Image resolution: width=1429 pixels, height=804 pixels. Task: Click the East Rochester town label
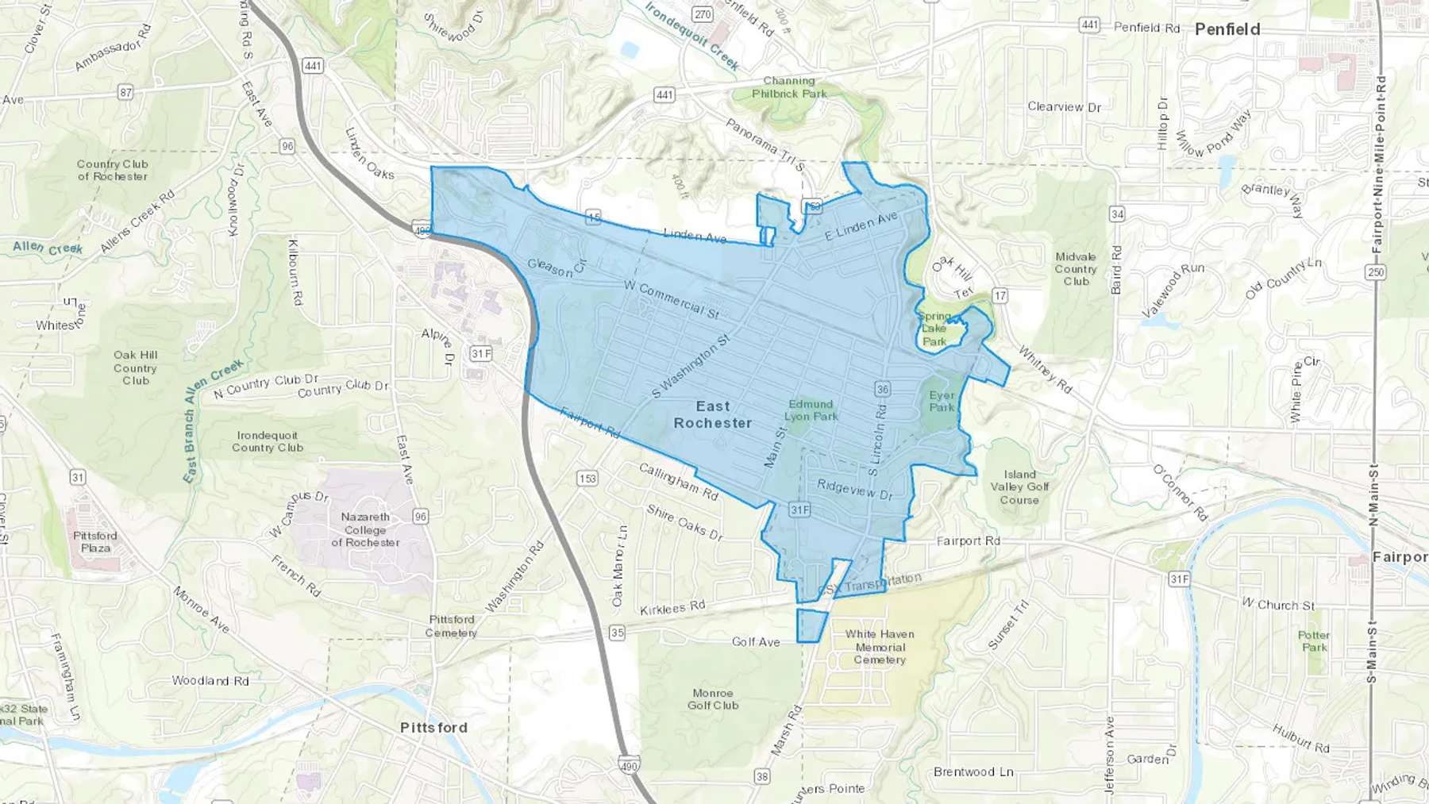point(712,414)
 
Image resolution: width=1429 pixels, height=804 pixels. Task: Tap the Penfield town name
point(1227,29)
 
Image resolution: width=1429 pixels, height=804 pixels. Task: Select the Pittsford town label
point(433,728)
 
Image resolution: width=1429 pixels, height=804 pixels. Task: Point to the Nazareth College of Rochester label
point(365,529)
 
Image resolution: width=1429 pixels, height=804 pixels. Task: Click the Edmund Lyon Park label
point(811,410)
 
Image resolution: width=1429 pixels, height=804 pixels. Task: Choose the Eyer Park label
point(942,401)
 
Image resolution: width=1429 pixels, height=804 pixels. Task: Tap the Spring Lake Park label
point(934,329)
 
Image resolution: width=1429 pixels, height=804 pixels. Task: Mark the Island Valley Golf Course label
point(1019,487)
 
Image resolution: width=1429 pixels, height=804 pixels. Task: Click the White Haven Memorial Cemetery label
point(880,646)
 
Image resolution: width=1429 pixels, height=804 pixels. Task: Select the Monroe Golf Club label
point(713,699)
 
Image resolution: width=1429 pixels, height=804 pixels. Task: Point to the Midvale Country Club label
point(1076,269)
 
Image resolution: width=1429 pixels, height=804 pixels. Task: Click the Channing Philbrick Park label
point(789,87)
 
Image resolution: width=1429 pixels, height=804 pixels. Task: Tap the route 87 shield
point(125,92)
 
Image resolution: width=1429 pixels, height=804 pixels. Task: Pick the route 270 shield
point(702,14)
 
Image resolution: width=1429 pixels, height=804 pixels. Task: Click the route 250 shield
point(1375,272)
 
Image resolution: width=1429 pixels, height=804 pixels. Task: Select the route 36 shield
point(882,389)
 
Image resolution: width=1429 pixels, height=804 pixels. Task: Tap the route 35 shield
point(617,633)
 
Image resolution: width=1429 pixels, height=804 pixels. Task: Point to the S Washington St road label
point(691,366)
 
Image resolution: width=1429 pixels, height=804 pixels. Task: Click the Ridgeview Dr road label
point(855,489)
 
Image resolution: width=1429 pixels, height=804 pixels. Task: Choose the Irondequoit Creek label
point(692,36)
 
